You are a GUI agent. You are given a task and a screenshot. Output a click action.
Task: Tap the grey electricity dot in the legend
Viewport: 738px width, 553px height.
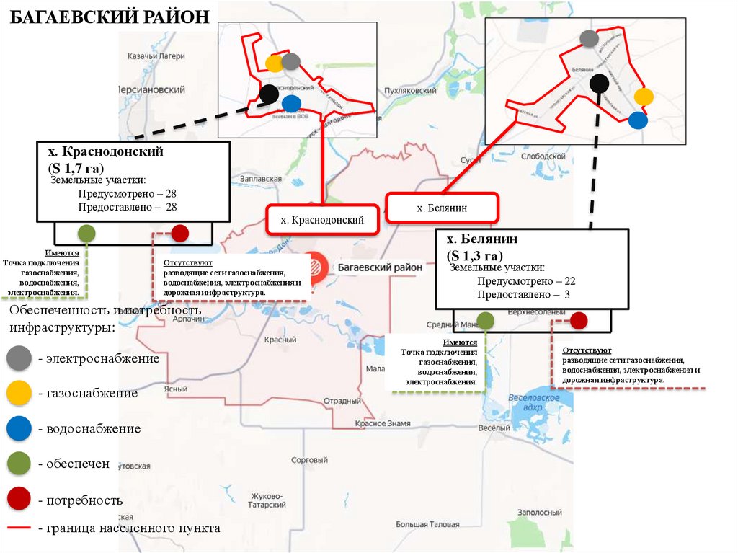coord(19,358)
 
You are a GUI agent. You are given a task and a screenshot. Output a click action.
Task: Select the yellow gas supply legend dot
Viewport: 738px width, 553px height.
coord(19,393)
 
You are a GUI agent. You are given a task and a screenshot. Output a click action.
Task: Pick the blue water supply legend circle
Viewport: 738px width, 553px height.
coord(19,428)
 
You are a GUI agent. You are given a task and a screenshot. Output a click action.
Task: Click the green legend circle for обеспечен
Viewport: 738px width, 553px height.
coord(19,464)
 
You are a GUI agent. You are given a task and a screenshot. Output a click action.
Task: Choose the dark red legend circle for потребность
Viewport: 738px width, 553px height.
coord(19,499)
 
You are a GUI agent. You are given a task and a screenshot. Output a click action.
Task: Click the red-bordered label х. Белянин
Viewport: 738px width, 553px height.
coord(442,208)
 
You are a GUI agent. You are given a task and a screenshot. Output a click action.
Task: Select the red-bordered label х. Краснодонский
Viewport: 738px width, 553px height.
coord(321,219)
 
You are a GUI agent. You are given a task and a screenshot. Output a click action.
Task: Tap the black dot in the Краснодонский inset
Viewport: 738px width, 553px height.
coord(269,93)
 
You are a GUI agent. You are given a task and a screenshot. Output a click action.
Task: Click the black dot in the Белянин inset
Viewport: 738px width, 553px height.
coord(598,84)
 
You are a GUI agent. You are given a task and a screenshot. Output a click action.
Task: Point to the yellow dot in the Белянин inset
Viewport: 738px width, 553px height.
coord(644,97)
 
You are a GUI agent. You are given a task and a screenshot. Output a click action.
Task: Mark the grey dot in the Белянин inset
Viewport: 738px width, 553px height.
coord(589,38)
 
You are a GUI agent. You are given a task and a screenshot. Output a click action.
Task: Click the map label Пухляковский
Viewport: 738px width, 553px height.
coord(411,91)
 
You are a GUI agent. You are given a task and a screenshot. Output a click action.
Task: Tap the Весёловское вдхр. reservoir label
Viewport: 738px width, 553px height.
coord(534,402)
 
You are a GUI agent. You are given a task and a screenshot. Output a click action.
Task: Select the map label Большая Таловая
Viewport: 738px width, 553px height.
coord(427,524)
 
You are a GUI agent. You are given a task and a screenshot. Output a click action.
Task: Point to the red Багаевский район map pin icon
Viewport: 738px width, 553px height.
coord(315,265)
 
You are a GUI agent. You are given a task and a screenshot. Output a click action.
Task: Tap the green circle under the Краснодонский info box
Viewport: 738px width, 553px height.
coord(86,233)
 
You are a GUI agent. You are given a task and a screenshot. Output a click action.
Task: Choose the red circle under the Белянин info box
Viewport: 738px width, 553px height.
coord(579,320)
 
